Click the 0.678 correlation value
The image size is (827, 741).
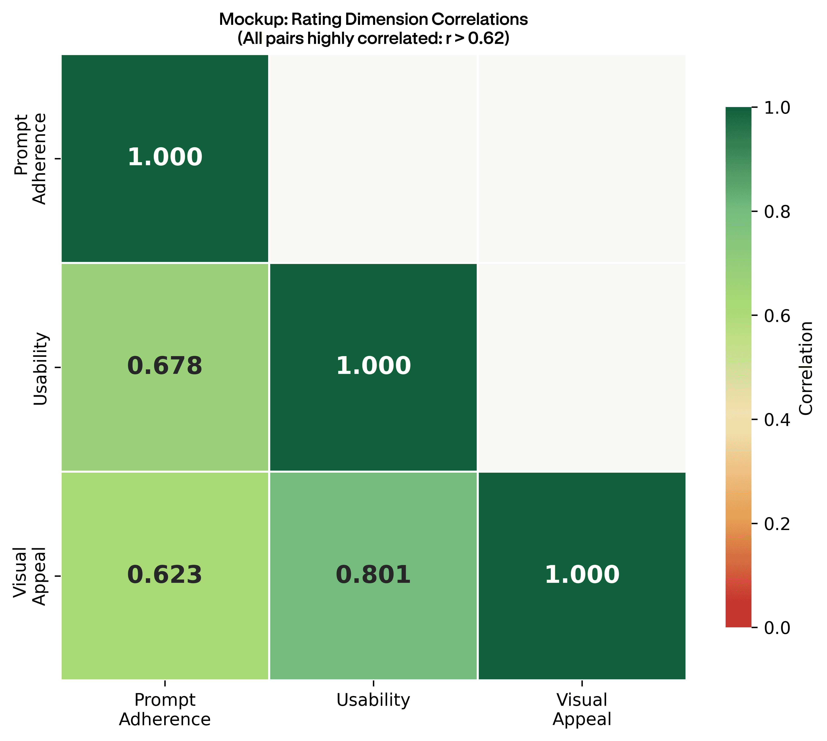point(165,366)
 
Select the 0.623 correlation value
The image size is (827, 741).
point(165,575)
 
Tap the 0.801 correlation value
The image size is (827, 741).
point(373,575)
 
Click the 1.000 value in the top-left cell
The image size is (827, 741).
point(165,158)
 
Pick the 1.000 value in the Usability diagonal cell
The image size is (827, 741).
point(373,366)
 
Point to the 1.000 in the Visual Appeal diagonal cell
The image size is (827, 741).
point(582,575)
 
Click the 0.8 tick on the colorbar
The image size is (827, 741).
point(777,212)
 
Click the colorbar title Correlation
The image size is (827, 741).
point(806,368)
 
